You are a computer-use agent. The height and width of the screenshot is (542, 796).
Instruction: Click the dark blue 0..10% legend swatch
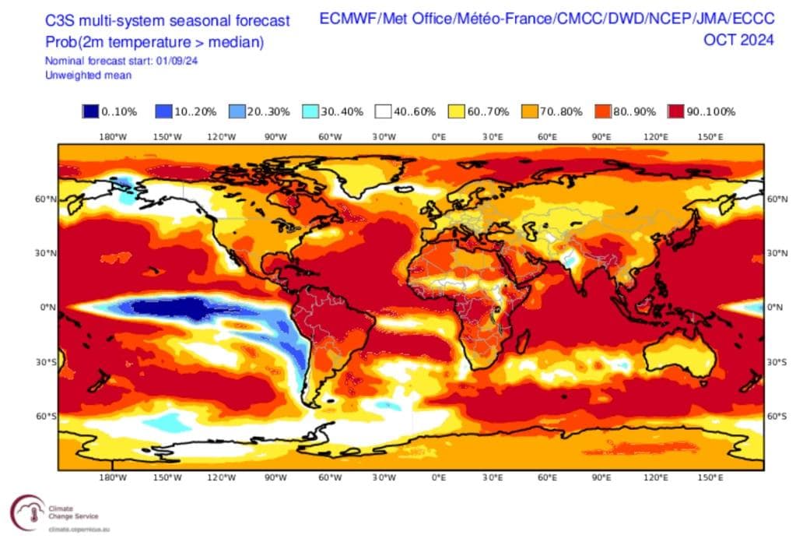coord(91,111)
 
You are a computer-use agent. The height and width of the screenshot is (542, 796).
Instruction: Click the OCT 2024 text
coord(738,40)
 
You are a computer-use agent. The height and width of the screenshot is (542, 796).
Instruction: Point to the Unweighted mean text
coord(88,76)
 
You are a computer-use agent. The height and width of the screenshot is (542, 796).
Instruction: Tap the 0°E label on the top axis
coord(439,137)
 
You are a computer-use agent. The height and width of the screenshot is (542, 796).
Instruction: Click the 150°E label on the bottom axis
coord(710,477)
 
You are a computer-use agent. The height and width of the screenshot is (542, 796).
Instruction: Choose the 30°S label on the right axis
coord(777,362)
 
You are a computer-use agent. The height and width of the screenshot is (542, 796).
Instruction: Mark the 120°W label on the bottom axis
coord(222,477)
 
